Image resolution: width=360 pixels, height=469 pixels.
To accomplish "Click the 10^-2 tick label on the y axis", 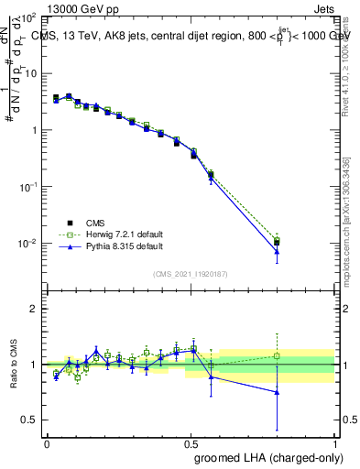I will (x=27, y=244).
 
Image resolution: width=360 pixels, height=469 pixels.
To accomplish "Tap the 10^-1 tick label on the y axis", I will (x=27, y=187).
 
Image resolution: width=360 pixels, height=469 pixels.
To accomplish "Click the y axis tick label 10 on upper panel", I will (x=30, y=73).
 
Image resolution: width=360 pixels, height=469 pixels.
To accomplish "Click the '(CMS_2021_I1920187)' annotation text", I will (x=191, y=274).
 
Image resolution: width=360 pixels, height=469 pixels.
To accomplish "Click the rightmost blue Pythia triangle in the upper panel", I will (x=278, y=251).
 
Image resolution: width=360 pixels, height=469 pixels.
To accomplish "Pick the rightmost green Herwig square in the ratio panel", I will (x=278, y=356).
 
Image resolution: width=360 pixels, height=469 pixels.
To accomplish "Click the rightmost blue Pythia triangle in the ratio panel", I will (x=278, y=392).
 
